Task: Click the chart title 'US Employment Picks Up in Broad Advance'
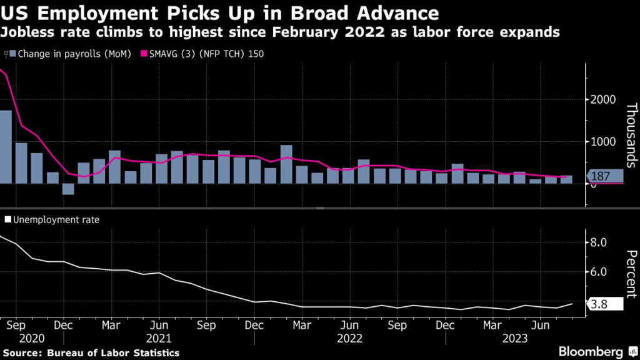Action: pyautogui.click(x=219, y=13)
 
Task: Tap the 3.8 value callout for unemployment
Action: pyautogui.click(x=604, y=304)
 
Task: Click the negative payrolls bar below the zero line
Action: pyautogui.click(x=68, y=189)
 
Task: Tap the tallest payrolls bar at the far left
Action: pyautogui.click(x=6, y=147)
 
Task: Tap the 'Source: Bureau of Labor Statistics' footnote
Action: pyautogui.click(x=90, y=353)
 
